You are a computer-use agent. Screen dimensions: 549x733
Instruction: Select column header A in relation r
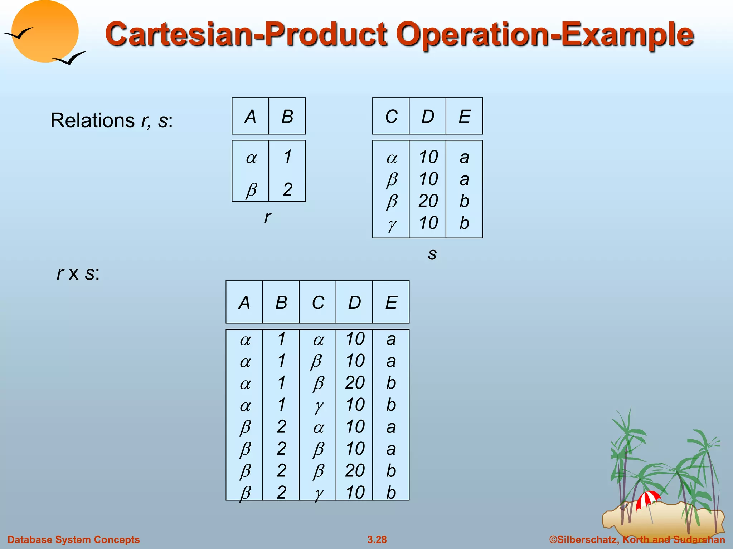pos(250,117)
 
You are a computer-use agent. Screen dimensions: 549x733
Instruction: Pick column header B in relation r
pos(287,117)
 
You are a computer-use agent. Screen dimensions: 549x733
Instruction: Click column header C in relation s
pos(391,117)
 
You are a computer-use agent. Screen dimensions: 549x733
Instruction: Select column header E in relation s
pos(464,117)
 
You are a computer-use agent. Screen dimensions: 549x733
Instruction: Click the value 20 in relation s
pos(428,201)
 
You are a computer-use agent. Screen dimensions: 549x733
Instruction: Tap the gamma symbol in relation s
pos(392,224)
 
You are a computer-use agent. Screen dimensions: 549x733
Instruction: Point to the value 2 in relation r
pos(287,189)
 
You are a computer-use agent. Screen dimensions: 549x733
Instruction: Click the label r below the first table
pos(267,217)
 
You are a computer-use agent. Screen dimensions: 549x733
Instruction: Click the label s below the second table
pos(432,254)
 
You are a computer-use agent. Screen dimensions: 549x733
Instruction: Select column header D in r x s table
pos(354,303)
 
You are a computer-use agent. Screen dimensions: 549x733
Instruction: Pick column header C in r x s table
pos(318,303)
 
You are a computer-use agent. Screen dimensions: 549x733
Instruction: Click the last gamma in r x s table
pos(319,494)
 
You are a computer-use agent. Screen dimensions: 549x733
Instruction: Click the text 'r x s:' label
pos(78,273)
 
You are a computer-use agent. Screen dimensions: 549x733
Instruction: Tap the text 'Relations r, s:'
pos(111,120)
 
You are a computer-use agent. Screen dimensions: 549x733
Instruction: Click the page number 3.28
pos(377,539)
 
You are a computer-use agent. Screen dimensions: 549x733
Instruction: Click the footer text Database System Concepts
pos(73,539)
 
